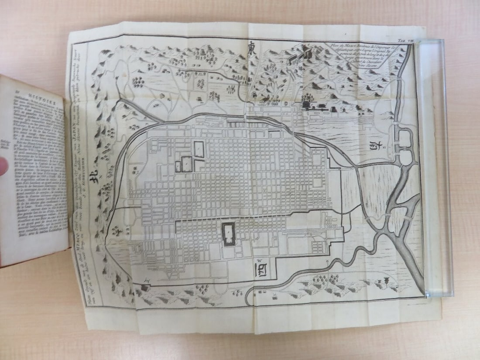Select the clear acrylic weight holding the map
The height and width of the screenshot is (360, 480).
click(435, 166)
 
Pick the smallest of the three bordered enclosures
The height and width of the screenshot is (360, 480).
click(178, 166)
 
